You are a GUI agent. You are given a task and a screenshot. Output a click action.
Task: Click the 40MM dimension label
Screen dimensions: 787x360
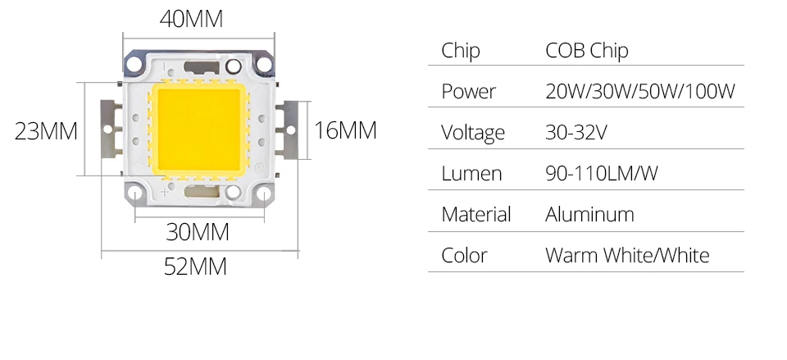(191, 20)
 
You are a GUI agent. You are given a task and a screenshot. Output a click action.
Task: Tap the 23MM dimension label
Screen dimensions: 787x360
(46, 131)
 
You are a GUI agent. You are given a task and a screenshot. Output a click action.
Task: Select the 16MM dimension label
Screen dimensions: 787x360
(345, 130)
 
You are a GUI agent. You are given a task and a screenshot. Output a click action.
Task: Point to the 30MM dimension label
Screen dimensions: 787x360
(198, 233)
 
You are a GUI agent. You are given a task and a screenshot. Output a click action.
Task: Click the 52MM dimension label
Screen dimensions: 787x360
(194, 267)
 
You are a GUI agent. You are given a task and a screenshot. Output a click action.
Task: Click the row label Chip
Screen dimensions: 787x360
(460, 51)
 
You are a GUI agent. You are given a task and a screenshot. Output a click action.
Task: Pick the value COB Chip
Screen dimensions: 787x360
(586, 51)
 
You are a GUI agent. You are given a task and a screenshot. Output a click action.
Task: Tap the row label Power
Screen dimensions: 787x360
(468, 91)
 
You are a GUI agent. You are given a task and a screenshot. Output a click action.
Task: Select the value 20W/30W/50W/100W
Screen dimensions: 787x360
(640, 91)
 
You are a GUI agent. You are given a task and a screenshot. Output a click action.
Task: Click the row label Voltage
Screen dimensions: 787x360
(473, 132)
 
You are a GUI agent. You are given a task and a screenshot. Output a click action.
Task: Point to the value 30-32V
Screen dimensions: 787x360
(576, 132)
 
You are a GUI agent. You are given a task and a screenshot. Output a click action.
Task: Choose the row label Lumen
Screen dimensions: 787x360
(471, 173)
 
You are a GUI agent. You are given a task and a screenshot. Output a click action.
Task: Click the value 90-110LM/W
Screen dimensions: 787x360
(602, 173)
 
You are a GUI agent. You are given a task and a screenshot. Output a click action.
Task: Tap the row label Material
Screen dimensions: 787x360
(475, 214)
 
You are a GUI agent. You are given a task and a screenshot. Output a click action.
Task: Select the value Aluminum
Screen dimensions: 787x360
(589, 214)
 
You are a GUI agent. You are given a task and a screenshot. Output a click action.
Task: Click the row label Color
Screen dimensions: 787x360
(464, 255)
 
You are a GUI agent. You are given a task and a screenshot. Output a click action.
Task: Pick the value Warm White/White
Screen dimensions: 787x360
(627, 255)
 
